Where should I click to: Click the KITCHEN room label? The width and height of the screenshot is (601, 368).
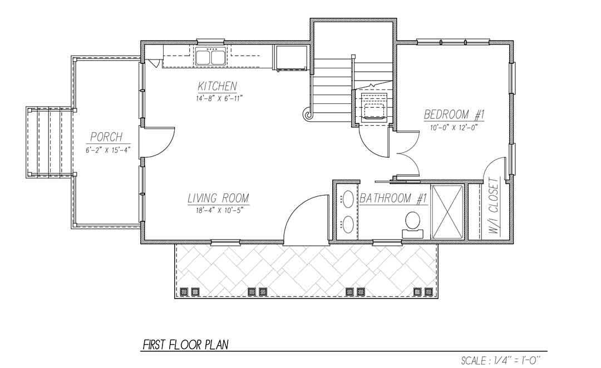tap(218, 86)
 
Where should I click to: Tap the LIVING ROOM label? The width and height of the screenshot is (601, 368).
tap(218, 198)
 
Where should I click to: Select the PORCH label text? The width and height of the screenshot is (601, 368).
tap(106, 137)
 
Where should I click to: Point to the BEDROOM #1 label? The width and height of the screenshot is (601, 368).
tap(455, 115)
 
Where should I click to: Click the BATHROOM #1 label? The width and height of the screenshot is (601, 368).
tap(393, 198)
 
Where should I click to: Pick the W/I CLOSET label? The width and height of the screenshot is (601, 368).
tap(494, 206)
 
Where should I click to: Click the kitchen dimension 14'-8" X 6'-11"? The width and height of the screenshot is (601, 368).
tap(219, 98)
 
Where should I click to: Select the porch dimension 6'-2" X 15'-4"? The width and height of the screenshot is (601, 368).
tap(106, 150)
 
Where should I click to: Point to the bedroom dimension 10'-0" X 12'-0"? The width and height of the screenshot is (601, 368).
tap(454, 128)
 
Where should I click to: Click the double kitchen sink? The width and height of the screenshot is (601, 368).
tap(210, 56)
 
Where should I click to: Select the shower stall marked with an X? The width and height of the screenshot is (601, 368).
tap(447, 212)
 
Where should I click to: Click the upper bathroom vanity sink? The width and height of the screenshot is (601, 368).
tap(348, 199)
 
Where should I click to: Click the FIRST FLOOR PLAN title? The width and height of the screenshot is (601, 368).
tap(185, 345)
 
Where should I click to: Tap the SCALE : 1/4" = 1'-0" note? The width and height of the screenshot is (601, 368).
tap(500, 360)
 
